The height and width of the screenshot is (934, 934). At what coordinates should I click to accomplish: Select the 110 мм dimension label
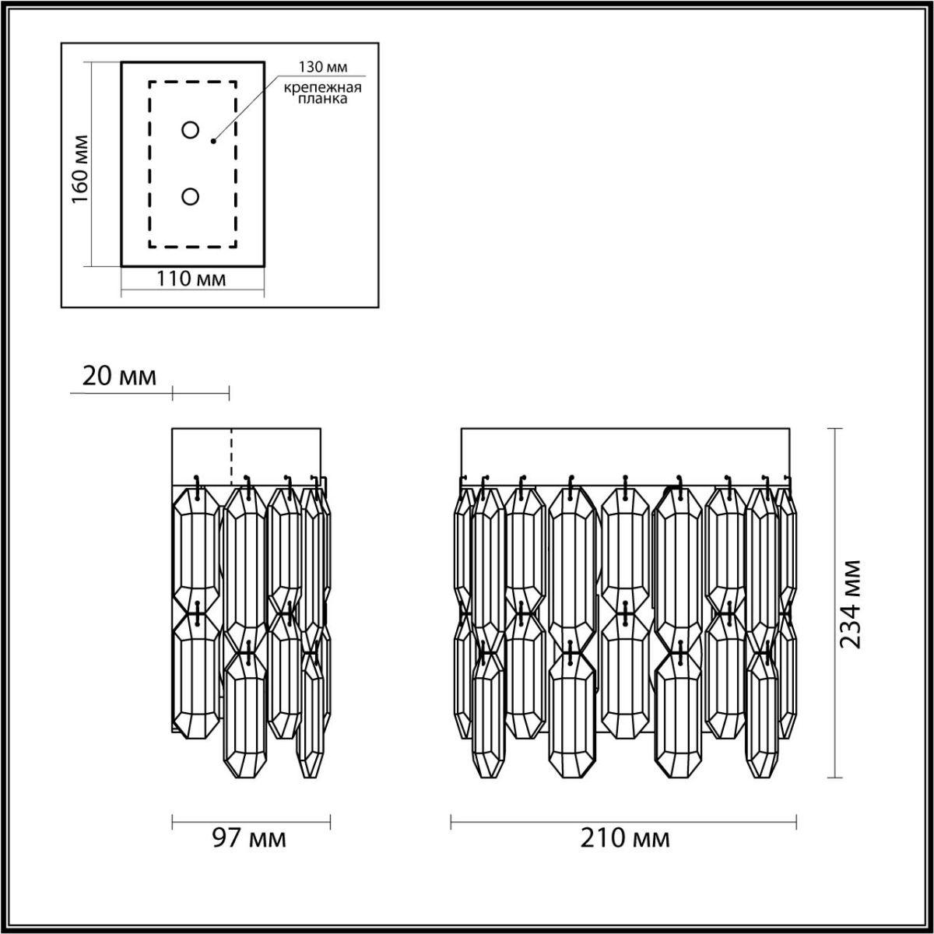(192, 279)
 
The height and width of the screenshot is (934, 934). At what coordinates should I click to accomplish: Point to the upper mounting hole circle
(190, 130)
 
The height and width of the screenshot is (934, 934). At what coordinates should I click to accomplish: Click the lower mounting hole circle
(190, 197)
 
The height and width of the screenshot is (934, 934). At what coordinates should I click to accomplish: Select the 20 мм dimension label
(119, 377)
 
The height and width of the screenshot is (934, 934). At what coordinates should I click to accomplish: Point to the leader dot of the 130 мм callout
(213, 142)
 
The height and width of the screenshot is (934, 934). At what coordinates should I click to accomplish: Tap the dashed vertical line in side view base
(231, 455)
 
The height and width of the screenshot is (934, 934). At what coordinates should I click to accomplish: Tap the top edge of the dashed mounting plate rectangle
(193, 81)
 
